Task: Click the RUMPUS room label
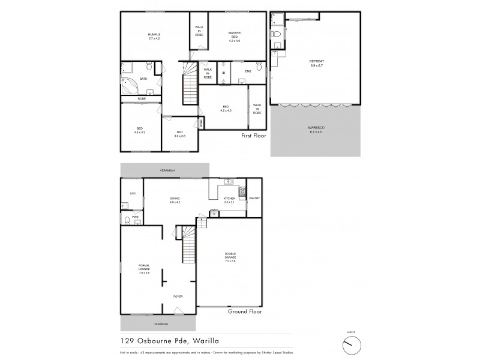click(154, 36)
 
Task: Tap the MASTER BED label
click(234, 35)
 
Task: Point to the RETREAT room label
click(316, 62)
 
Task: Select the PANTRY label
click(254, 198)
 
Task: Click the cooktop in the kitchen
click(242, 192)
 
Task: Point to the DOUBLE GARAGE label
click(230, 256)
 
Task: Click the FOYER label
click(178, 296)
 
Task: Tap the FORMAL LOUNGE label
click(144, 267)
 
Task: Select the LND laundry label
click(132, 193)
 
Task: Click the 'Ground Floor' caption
click(245, 312)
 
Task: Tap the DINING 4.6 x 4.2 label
click(175, 200)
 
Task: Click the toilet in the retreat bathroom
click(277, 34)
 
